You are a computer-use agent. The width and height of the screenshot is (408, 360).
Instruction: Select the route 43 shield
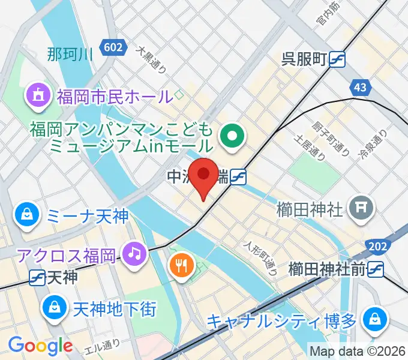(x=360, y=88)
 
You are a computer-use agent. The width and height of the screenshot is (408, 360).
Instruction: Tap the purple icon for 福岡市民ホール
(x=36, y=95)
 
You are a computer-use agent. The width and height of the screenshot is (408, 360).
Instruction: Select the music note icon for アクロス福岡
(x=134, y=253)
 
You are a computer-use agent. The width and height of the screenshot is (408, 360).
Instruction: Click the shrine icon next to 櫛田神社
(x=362, y=209)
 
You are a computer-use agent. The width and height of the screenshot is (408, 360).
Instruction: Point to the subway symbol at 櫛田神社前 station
(x=376, y=269)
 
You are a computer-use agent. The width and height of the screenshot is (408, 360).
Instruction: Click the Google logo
(x=40, y=346)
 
